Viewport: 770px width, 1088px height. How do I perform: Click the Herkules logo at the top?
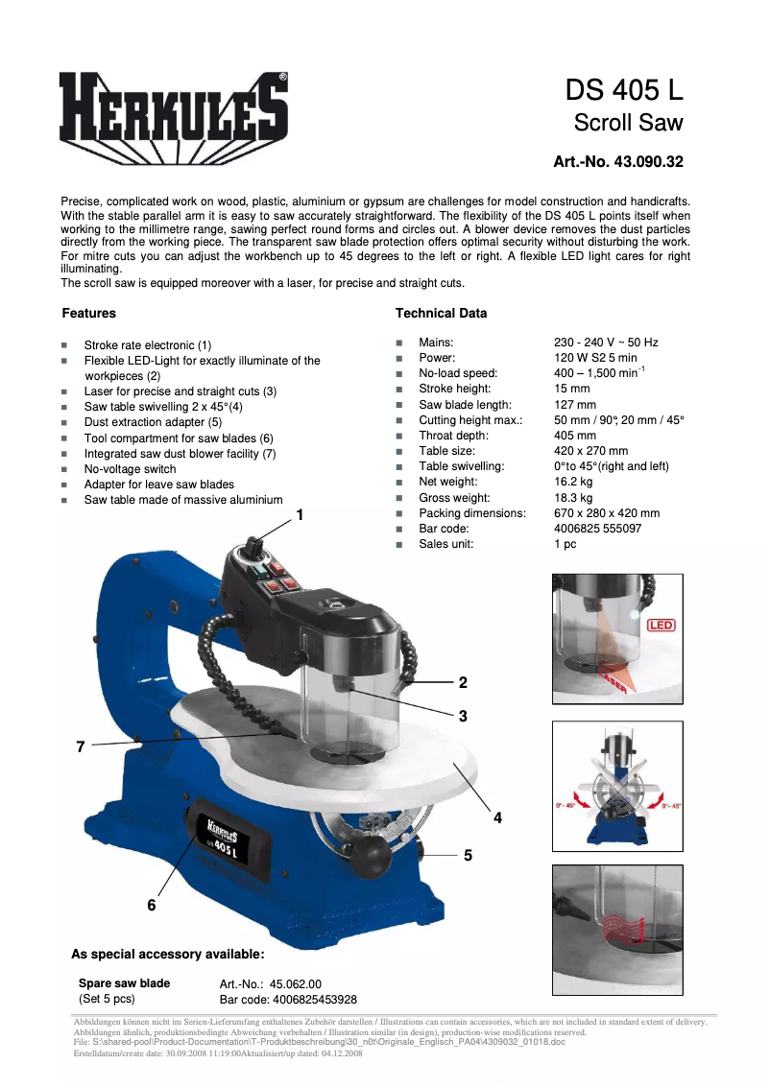(173, 109)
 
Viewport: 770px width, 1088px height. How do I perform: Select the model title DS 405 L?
(624, 90)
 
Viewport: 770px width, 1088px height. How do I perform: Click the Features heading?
(88, 313)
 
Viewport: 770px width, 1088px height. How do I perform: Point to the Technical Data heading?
(441, 313)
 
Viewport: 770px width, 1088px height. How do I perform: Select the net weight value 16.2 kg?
(573, 482)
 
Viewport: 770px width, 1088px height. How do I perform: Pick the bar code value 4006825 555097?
(598, 529)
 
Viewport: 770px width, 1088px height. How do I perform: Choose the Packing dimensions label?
(471, 513)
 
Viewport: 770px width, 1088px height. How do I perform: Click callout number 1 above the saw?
(300, 515)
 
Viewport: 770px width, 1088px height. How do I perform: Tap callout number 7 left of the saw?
(82, 745)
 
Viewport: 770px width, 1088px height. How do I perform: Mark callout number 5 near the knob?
(468, 854)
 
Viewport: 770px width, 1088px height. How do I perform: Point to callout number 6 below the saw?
(152, 905)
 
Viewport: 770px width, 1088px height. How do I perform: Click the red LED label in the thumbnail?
(662, 626)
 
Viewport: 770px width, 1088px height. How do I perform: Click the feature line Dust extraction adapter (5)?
(153, 422)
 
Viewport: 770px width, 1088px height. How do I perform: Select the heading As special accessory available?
(167, 954)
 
